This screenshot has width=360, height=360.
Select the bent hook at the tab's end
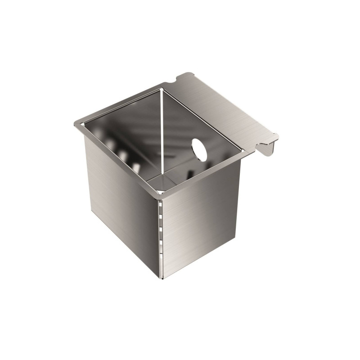pos(269,147)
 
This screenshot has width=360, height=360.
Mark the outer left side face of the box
pos(121,198)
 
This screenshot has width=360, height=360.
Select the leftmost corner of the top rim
pos(75,125)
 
